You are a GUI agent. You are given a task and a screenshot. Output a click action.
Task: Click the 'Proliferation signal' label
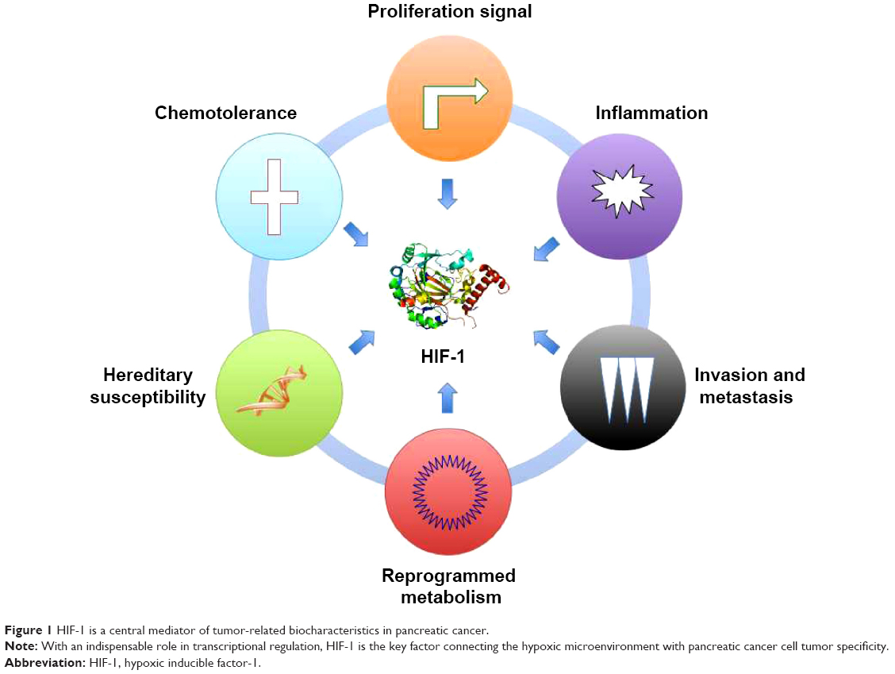pos(450,12)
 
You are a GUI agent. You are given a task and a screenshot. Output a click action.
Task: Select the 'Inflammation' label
pos(651,113)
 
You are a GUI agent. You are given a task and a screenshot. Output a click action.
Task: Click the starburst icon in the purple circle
pos(621,191)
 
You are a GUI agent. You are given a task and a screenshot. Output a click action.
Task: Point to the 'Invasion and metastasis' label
pos(749,386)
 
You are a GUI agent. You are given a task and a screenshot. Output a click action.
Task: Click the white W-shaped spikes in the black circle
pos(627,390)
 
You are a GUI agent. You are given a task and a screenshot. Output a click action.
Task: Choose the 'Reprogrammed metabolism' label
pos(449,586)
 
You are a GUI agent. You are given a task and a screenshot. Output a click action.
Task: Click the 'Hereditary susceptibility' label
pos(148,386)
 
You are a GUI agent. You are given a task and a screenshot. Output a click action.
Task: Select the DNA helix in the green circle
pos(272,391)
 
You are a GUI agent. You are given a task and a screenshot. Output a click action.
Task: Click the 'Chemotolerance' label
pos(225,113)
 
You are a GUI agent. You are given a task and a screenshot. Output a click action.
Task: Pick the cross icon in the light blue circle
pos(275,197)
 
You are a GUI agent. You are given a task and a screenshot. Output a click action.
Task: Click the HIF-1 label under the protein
pos(443,356)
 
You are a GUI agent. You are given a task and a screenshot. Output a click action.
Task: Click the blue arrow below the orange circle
pos(447,194)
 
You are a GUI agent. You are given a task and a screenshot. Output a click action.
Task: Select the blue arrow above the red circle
pos(447,398)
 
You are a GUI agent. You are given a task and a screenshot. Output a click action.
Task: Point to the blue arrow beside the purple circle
pos(546,249)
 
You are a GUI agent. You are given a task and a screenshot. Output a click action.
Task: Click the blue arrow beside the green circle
pos(362,341)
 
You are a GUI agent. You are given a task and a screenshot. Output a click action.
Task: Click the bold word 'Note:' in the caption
pos(21,646)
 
